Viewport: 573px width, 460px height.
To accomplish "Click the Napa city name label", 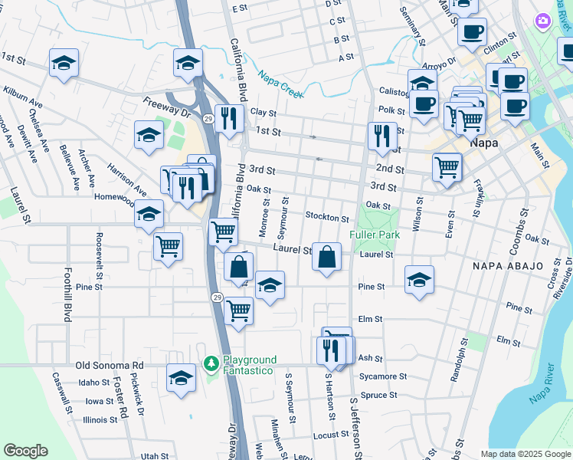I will tap(485, 143).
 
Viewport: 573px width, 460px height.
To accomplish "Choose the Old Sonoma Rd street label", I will tap(110, 366).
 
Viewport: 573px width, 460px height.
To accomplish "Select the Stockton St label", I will tap(327, 217).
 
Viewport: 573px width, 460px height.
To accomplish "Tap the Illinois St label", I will tap(100, 419).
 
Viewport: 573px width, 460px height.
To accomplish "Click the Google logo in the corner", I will tap(25, 451).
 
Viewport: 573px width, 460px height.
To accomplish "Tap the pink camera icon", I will tap(543, 20).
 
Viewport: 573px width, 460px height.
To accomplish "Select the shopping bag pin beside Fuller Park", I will tap(327, 257).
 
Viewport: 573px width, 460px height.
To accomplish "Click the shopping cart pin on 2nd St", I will tap(447, 166).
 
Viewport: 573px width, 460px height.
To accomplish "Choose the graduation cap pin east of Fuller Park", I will tap(419, 280).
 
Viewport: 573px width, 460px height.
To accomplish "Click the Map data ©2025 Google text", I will tap(526, 454).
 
